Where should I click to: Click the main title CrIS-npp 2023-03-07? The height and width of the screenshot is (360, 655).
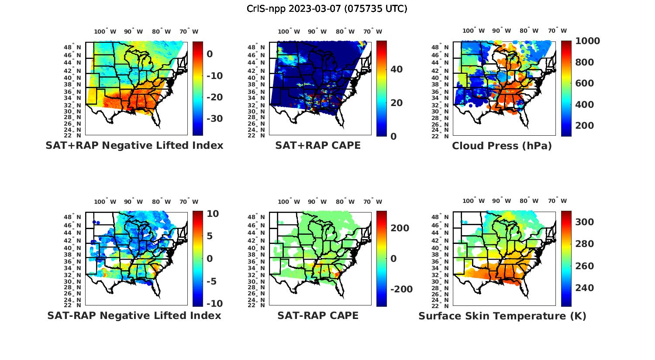(x=327, y=9)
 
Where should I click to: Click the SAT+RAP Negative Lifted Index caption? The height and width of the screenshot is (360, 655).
(x=134, y=145)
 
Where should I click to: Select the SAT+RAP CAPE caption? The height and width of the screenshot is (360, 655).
(x=318, y=145)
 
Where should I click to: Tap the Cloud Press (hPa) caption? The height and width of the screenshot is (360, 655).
(x=502, y=146)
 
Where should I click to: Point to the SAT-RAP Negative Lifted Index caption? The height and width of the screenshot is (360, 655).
(x=134, y=315)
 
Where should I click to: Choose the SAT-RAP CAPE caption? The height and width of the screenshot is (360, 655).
(x=318, y=315)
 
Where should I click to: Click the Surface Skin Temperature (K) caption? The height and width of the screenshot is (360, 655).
(x=502, y=316)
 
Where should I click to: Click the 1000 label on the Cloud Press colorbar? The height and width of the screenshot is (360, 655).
(x=587, y=41)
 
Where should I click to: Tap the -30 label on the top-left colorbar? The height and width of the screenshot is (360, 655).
(x=214, y=119)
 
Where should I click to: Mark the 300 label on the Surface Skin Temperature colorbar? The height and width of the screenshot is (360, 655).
(x=585, y=222)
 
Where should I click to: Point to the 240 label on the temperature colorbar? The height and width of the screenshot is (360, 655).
(x=585, y=288)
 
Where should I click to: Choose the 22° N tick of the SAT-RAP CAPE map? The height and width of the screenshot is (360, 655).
(x=256, y=305)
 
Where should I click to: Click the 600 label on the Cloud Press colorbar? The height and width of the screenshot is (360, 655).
(x=585, y=83)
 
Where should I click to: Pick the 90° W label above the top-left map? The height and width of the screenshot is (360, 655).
(x=133, y=31)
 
